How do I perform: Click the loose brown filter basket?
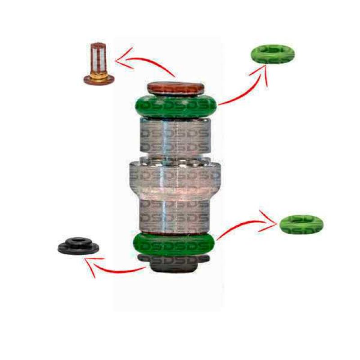pos(99,63)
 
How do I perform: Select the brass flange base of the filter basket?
pos(99,79)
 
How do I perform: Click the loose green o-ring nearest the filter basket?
pos(272,54)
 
